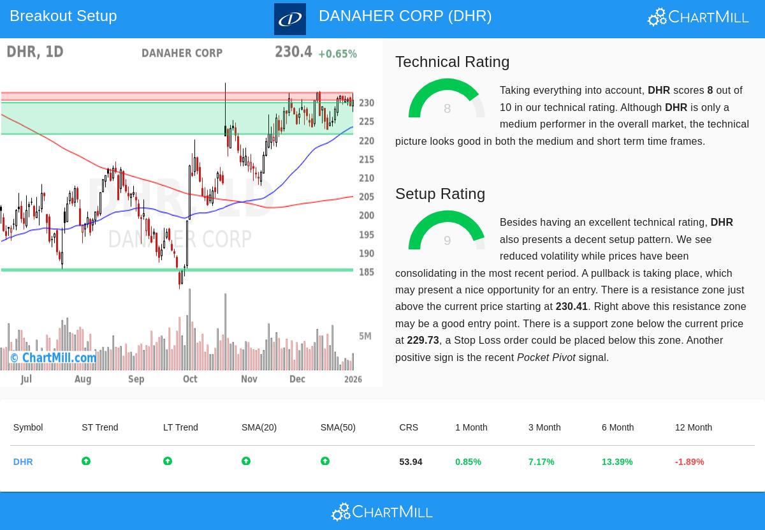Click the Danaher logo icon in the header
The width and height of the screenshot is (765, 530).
(290, 19)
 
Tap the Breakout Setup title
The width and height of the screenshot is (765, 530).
(63, 16)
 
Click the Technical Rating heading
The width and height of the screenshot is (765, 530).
(452, 62)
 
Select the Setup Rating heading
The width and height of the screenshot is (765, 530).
(440, 194)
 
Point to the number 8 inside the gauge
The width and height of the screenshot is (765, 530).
(447, 109)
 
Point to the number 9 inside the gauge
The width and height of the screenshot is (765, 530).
(447, 241)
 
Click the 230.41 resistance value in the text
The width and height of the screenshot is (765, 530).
(571, 307)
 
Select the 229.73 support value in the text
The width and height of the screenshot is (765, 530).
(423, 341)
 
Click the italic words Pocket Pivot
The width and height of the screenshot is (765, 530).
(546, 358)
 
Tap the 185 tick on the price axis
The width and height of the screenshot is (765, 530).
(366, 272)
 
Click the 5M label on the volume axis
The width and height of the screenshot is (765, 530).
(365, 336)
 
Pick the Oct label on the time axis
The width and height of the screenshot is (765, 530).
(190, 379)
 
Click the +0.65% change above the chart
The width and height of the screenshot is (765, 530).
(337, 54)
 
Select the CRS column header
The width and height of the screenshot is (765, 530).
(409, 427)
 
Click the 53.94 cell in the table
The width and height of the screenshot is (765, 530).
(411, 462)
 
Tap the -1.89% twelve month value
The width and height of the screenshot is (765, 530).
(689, 462)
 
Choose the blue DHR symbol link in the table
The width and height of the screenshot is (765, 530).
(23, 462)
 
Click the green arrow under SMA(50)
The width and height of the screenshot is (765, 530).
(325, 461)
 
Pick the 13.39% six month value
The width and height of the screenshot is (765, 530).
(616, 462)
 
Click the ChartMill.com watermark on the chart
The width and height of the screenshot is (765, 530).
(54, 358)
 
